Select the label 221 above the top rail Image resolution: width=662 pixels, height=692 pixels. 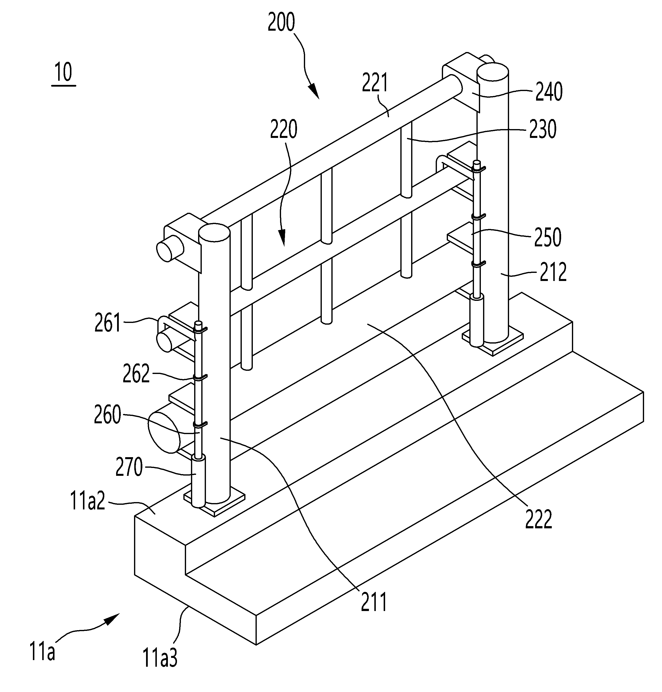(375, 82)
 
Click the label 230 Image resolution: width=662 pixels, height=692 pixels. (543, 129)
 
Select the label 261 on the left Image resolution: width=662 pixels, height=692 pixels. (108, 322)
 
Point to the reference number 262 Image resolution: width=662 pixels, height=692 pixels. (136, 374)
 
